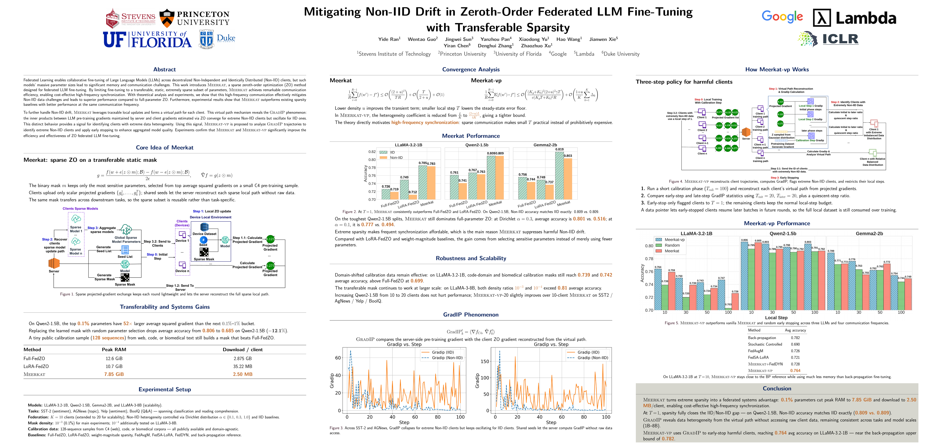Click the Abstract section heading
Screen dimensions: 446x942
pyautogui.click(x=164, y=70)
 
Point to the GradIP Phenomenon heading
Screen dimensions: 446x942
pyautogui.click(x=471, y=314)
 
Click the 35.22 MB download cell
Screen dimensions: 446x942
pyautogui.click(x=242, y=366)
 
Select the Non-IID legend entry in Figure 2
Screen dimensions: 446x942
pyautogui.click(x=396, y=158)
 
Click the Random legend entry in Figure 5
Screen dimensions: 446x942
pyautogui.click(x=672, y=245)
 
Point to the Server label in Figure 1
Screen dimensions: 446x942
pyautogui.click(x=54, y=271)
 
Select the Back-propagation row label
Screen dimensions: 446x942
pyautogui.click(x=762, y=338)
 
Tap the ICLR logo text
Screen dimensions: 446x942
pyautogui.click(x=840, y=39)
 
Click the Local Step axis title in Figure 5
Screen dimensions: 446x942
pyautogui.click(x=776, y=318)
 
